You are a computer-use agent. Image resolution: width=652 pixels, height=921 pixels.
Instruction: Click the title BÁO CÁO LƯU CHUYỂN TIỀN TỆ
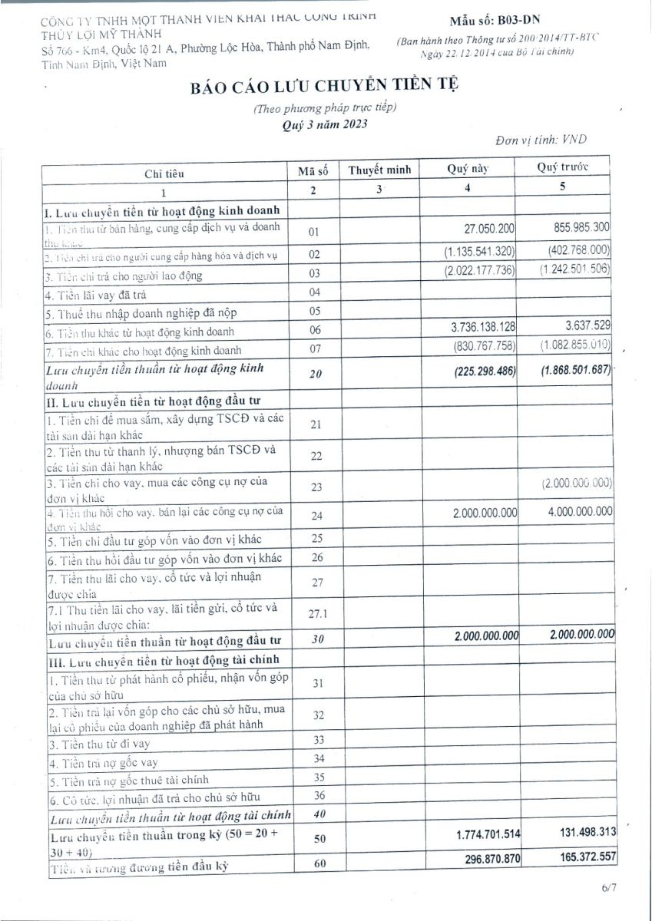325,87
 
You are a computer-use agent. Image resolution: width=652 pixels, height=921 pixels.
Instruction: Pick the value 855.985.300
581,228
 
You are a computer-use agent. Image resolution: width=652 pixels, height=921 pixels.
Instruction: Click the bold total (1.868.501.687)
575,369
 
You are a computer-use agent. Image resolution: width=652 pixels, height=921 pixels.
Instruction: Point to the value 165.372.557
581,854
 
